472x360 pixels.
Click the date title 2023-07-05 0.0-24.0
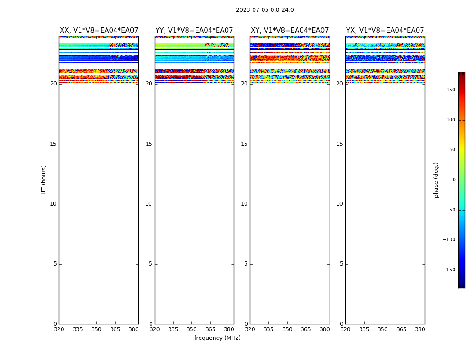pos(265,10)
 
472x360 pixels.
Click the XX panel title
pos(99,31)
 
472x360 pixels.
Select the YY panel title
pos(194,31)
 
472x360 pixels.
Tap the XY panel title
pos(290,31)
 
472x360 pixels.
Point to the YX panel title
pos(385,31)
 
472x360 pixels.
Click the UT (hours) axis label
pos(44,180)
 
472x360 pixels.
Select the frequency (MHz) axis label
pos(217,338)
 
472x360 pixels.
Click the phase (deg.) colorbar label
pos(436,180)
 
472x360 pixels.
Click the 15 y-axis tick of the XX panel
pos(53,144)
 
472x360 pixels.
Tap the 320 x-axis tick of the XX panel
pos(59,329)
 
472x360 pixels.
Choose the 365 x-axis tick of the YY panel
pos(210,329)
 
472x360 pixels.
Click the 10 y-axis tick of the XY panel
pos(244,204)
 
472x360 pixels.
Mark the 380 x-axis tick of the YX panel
pos(420,329)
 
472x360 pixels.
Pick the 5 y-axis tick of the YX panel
pos(341,264)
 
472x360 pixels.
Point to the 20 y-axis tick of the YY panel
pos(149,84)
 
